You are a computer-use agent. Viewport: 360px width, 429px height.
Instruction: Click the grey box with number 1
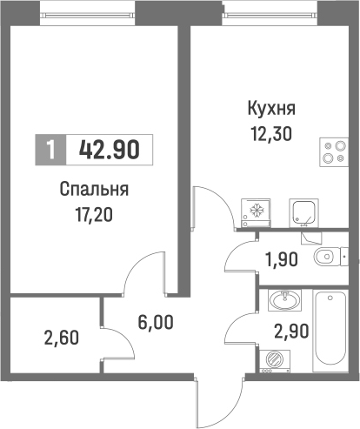point(51,149)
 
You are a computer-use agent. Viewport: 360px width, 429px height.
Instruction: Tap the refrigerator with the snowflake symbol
point(257,211)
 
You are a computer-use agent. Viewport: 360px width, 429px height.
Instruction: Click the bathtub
point(330,332)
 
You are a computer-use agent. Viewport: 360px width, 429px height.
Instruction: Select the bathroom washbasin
point(284,301)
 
